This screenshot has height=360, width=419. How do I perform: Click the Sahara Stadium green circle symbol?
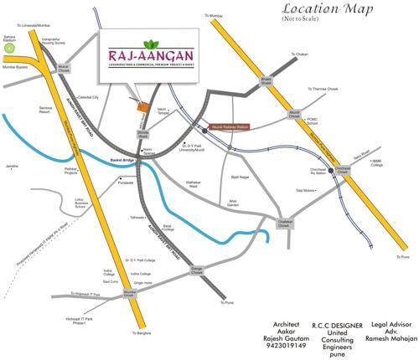pos(9,49)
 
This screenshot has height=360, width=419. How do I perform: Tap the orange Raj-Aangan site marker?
pos(143,106)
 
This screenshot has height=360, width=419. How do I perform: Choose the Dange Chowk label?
pos(198,270)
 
